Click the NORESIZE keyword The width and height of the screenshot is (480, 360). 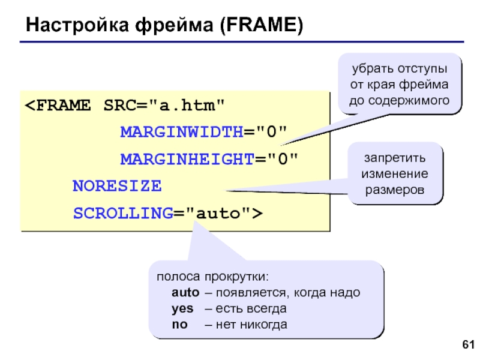pos(117,186)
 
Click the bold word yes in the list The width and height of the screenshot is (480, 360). pos(182,308)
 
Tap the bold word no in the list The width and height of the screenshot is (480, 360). pos(179,325)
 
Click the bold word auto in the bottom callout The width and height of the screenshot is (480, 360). pos(185,293)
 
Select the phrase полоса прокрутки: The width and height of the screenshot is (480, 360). pos(213,277)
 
